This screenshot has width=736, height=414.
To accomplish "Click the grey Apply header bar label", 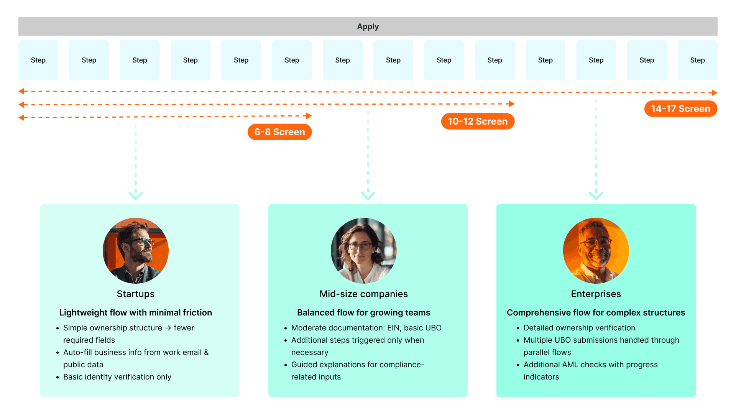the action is (x=368, y=26).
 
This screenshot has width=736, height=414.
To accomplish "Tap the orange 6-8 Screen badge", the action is (x=279, y=132).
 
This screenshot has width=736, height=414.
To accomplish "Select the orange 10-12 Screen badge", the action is (x=478, y=121).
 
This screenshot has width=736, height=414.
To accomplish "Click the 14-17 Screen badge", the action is (x=680, y=109).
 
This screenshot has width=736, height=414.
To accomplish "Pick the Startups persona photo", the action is (x=136, y=251).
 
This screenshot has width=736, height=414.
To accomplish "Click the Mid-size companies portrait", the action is (x=364, y=251).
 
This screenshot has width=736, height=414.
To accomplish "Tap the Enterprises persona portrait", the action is (x=596, y=251).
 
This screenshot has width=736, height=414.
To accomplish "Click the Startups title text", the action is (x=136, y=294).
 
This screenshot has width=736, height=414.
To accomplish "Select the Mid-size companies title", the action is (x=364, y=294).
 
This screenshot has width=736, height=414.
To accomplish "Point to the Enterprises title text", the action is (x=596, y=294).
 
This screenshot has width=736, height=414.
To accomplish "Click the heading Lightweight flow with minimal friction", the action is (x=136, y=312).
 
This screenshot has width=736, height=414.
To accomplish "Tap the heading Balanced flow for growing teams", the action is (x=364, y=312).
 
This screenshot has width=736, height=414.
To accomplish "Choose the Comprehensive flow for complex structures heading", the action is (x=596, y=312).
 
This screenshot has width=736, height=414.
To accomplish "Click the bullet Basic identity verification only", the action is (x=117, y=377).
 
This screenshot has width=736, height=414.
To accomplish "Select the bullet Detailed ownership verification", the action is (x=579, y=328).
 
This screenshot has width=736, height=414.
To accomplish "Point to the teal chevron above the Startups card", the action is (x=136, y=195).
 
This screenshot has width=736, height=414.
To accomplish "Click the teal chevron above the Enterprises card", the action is (x=596, y=195).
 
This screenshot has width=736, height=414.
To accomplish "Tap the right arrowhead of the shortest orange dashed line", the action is (x=309, y=116).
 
